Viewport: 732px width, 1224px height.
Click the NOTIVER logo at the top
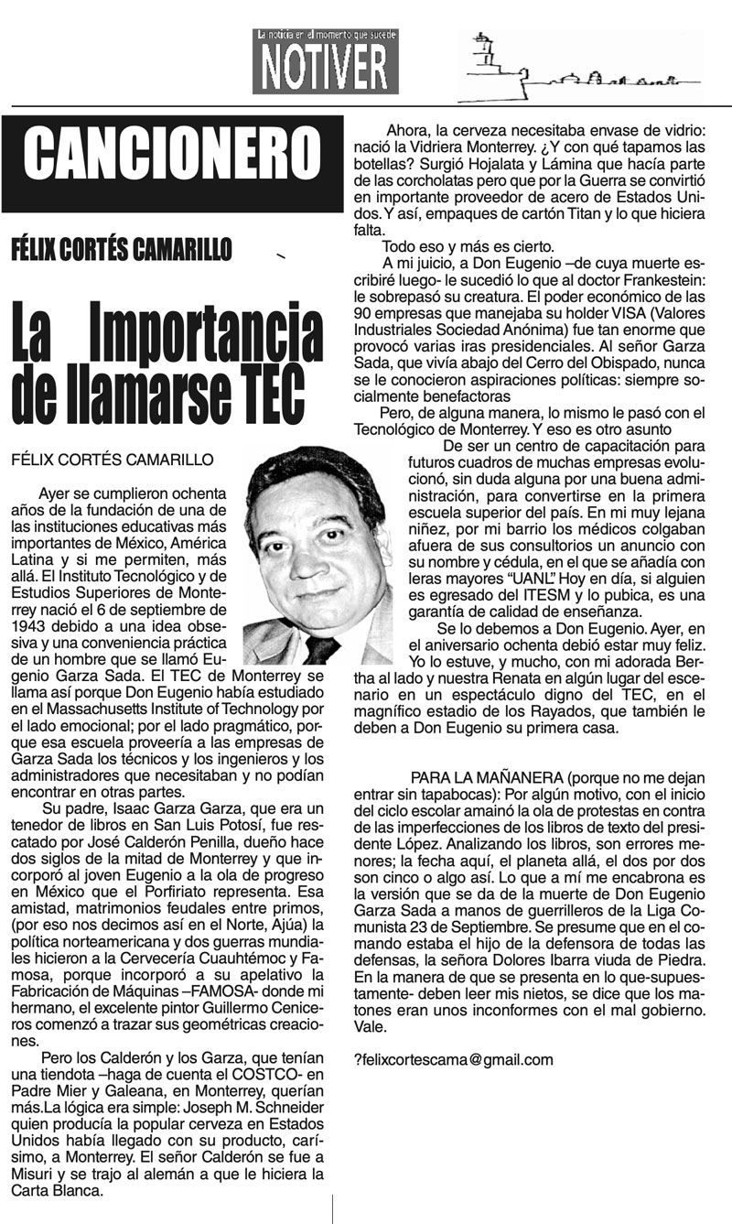(326, 62)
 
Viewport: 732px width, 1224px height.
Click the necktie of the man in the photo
(321, 648)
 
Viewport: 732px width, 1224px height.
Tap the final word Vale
(367, 1026)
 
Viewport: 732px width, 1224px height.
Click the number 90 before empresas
(363, 314)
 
